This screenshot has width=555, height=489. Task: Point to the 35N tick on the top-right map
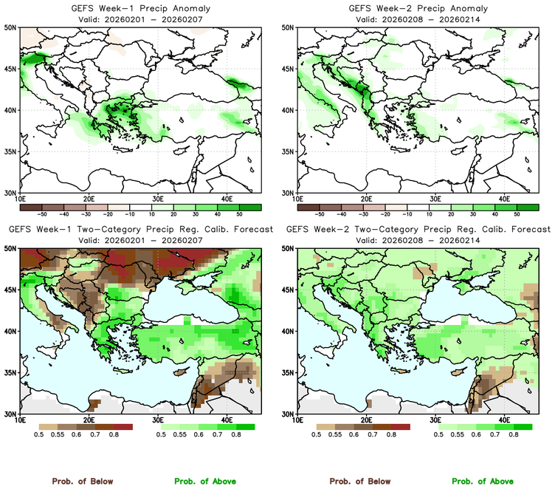288,151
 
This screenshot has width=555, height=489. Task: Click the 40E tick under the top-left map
227,199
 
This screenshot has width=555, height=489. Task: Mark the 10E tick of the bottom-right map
297,420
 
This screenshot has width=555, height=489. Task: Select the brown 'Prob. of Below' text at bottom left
82,482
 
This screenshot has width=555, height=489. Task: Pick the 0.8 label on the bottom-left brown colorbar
115,436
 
